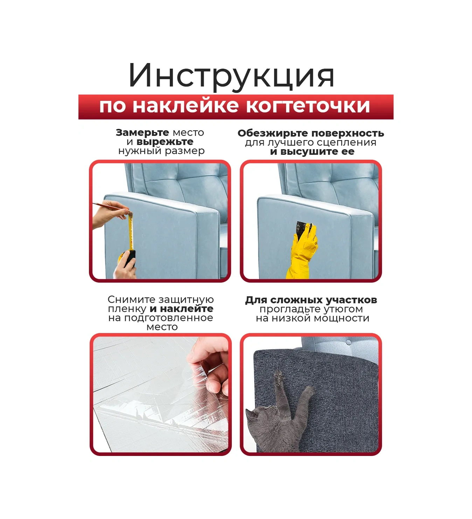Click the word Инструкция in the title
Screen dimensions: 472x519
231,77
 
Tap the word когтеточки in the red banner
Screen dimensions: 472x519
308,106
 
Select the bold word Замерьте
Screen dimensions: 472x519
142,133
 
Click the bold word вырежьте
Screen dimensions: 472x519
165,142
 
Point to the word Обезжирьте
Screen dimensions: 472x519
273,133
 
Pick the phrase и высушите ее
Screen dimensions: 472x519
312,152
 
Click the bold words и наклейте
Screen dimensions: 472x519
181,309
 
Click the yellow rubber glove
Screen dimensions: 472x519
303,251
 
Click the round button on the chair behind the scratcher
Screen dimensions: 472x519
348,342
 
